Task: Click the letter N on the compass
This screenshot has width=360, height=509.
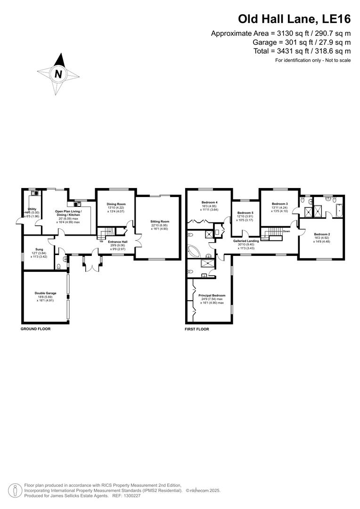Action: [58, 74]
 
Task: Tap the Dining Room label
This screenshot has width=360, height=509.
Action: [116, 204]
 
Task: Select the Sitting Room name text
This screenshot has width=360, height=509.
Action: [160, 222]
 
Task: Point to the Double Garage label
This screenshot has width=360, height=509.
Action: [46, 293]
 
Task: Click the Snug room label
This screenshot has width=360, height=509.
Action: [39, 249]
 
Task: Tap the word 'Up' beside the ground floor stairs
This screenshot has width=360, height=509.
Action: [101, 242]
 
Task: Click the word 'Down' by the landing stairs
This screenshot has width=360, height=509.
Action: [286, 231]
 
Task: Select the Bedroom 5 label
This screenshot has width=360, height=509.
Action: [245, 213]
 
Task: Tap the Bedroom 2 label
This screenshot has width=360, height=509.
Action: [322, 234]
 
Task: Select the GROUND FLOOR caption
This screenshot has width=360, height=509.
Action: [35, 329]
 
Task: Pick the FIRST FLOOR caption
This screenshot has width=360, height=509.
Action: [197, 329]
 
